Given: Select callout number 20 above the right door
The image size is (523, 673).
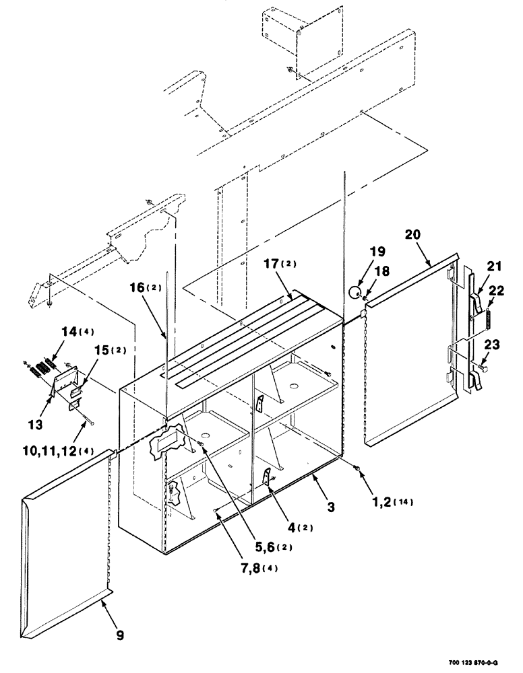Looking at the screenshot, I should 413,235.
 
